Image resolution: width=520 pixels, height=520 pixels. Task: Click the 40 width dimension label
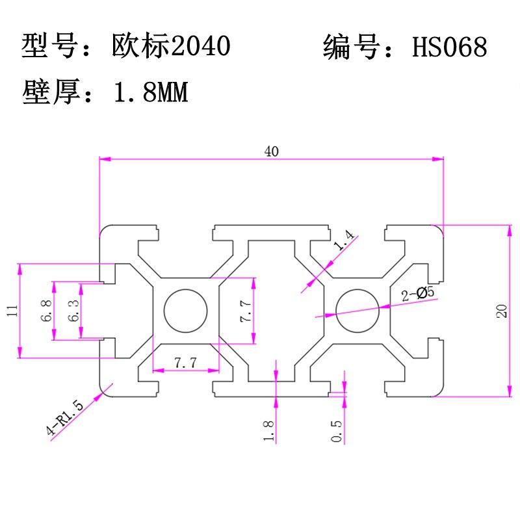(271, 151)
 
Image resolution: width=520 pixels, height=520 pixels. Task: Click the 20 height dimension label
(502, 311)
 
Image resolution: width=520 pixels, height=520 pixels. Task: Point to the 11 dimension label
(12, 311)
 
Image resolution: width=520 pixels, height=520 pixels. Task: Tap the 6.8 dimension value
(46, 311)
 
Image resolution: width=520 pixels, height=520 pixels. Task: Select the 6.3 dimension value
(73, 311)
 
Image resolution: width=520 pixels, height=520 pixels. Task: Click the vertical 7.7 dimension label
(246, 311)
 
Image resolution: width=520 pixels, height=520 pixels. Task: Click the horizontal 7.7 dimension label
(185, 363)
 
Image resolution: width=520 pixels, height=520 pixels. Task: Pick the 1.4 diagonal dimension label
(344, 240)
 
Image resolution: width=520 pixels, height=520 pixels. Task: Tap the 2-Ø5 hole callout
(417, 294)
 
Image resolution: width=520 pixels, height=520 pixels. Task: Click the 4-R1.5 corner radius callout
(65, 417)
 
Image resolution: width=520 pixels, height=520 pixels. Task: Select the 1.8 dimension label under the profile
(268, 430)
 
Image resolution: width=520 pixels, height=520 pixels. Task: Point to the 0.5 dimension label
(336, 431)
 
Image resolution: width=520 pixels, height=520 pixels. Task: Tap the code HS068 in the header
(450, 46)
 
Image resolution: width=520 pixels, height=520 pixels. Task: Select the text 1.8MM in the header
(151, 92)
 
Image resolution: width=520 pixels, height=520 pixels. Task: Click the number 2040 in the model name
(201, 45)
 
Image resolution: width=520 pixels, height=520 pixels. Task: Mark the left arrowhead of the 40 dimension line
(105, 159)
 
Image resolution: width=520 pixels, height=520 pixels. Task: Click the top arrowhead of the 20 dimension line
(510, 230)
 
